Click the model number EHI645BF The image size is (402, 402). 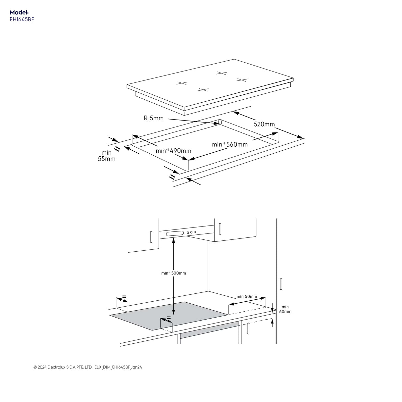[x=22, y=19]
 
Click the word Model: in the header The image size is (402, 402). [x=19, y=12]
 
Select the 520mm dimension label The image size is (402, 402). [x=264, y=124]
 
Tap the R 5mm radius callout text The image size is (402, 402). [x=154, y=118]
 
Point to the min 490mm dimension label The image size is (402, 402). [x=174, y=151]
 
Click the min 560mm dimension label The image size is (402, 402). [x=230, y=144]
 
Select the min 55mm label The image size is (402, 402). [x=107, y=156]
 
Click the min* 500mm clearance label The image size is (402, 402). [x=174, y=273]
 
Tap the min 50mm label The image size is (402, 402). [x=247, y=296]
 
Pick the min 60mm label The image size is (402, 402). [x=285, y=309]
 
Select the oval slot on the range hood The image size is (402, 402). [x=175, y=234]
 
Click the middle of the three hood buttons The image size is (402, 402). [x=191, y=233]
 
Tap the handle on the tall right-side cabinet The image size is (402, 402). [x=281, y=284]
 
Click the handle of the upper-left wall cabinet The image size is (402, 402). [x=151, y=236]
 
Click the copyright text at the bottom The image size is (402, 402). [x=88, y=367]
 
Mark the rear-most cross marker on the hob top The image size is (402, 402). [x=221, y=73]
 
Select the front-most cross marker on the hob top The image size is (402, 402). [x=203, y=90]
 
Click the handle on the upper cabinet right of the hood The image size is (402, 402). [x=220, y=229]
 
